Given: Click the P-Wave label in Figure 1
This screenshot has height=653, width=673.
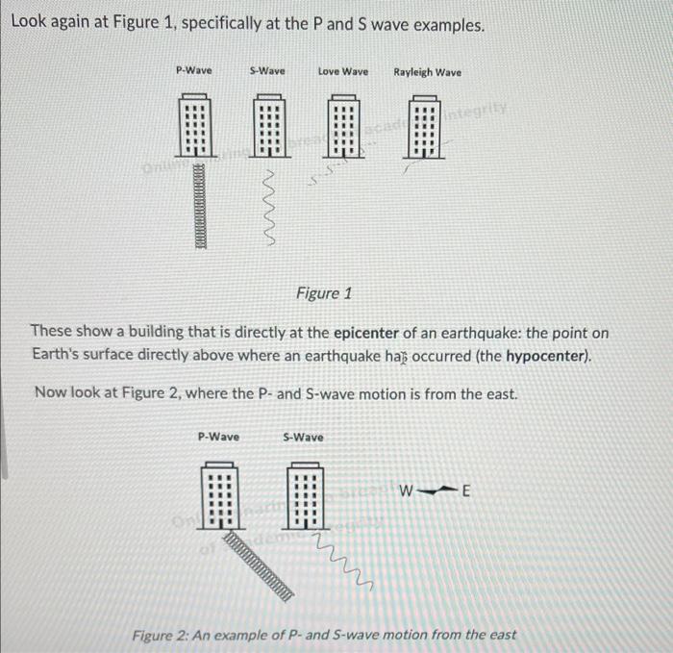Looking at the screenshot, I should tap(195, 71).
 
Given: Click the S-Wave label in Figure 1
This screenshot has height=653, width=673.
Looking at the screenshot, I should tap(266, 71).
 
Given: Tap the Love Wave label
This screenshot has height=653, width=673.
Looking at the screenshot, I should tap(343, 71).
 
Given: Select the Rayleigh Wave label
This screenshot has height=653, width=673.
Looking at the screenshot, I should tap(427, 72).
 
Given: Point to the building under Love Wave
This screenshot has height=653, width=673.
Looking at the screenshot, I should tap(343, 126).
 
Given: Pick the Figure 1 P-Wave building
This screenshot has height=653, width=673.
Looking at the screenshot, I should tap(195, 126).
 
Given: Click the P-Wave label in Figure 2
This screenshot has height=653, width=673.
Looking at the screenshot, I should tap(218, 437).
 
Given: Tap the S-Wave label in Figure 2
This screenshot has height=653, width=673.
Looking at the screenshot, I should tap(303, 437).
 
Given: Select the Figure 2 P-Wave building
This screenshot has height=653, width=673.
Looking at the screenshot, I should tap(218, 496).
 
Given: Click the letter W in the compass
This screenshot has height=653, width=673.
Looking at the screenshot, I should tap(408, 492).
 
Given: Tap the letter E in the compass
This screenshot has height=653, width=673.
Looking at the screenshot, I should tap(466, 492).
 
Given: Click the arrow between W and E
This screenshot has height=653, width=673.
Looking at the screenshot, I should tap(436, 491).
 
